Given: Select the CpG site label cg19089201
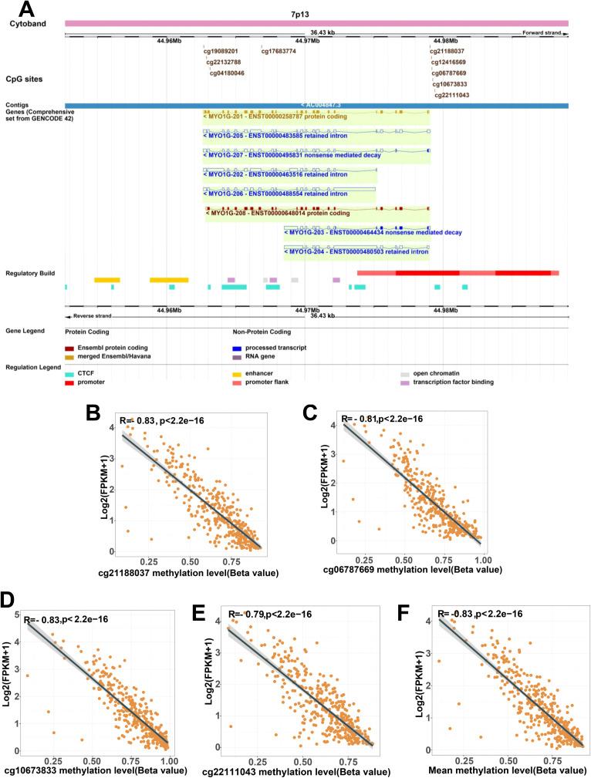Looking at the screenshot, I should tap(221, 51).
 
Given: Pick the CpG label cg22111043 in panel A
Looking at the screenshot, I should tap(451, 96).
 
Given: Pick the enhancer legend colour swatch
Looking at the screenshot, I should tap(236, 372).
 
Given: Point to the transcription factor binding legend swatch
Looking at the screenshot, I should tap(404, 381).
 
